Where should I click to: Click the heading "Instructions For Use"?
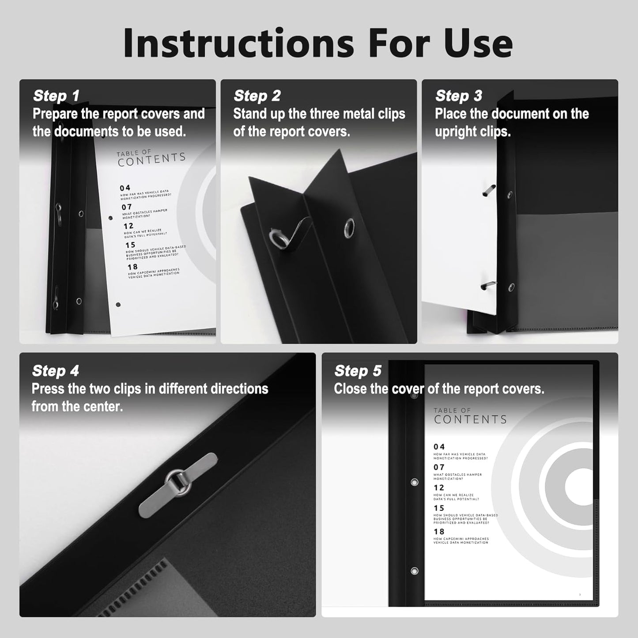[x=318, y=43]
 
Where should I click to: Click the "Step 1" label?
[x=56, y=96]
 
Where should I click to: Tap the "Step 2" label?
[x=257, y=96]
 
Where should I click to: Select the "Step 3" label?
[x=458, y=96]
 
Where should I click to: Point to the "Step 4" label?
[x=55, y=371]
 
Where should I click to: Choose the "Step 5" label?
[x=358, y=371]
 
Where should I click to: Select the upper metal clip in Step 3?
[x=488, y=191]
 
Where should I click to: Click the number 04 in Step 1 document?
[x=125, y=188]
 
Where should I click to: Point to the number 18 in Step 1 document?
[x=132, y=267]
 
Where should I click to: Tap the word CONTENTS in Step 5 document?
[x=470, y=419]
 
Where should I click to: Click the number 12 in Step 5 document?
[x=439, y=488]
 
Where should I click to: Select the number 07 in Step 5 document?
[x=439, y=467]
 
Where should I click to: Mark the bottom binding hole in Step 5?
[x=414, y=571]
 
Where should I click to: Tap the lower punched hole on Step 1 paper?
[x=118, y=305]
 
